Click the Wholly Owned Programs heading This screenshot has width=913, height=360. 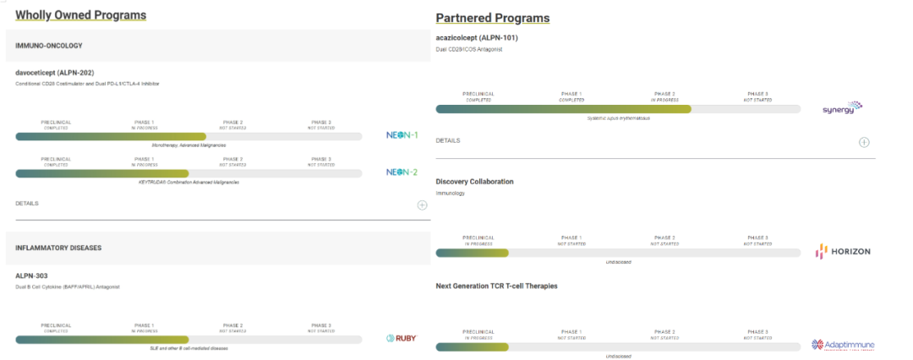coord(80,15)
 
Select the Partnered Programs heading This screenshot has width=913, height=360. coord(492,18)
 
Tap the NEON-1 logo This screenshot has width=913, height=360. coord(402,136)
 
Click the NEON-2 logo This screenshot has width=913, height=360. coord(402,172)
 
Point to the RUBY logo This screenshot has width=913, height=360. coord(401,339)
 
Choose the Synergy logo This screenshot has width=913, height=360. coord(842,109)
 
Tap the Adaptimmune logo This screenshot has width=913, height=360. coord(842,345)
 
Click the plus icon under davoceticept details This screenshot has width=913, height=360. coord(422,205)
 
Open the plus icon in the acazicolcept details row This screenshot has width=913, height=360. coord(864,142)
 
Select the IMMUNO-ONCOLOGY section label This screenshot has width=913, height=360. coord(48,46)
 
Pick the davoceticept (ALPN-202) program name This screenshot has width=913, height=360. coord(60,72)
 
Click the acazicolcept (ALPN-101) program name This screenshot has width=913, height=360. coord(476,37)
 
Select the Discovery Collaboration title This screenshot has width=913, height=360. coord(474,182)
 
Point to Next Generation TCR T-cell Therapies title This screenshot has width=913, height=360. coord(496,286)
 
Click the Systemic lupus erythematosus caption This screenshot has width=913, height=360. coord(618,118)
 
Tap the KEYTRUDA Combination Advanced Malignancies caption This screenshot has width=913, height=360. coord(189,182)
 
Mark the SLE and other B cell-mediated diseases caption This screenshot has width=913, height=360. coord(189,348)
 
